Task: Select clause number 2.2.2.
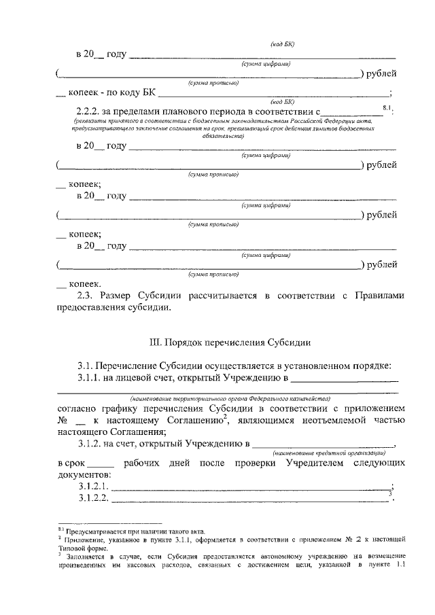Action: [90, 109]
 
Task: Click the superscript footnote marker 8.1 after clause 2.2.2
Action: [388, 107]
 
